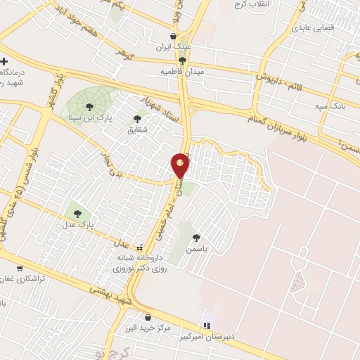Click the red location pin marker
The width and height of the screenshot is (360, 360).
(x=181, y=165)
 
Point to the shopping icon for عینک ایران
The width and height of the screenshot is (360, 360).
(x=174, y=38)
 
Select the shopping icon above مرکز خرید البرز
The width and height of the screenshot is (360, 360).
(x=148, y=316)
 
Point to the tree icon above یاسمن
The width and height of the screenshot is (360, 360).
(x=196, y=238)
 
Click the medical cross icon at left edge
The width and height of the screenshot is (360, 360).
(x=4, y=62)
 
